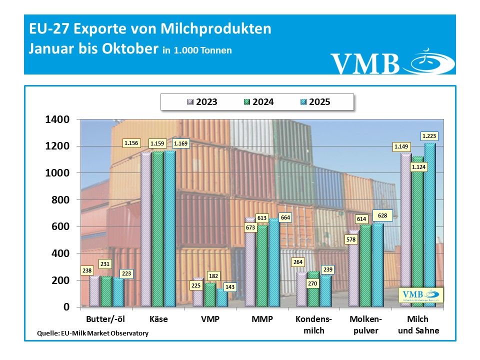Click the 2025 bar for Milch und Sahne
click(430, 225)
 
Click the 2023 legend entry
click(201, 102)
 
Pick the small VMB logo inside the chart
click(420, 295)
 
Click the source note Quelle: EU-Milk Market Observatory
click(93, 333)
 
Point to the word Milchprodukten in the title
click(216, 28)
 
